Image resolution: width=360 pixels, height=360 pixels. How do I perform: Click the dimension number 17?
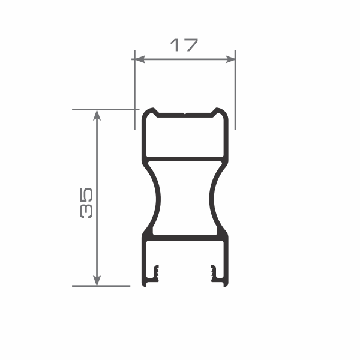point(184,45)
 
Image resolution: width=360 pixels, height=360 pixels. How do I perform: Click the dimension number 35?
point(86,203)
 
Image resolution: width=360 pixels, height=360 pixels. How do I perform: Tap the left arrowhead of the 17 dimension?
point(139,59)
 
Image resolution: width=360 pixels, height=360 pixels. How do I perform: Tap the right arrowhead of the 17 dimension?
point(230,59)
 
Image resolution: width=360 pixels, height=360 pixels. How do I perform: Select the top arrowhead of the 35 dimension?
point(97,115)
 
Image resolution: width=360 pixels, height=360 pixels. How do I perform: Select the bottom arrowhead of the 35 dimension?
point(97,280)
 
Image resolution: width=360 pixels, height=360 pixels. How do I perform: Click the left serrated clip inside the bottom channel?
point(156,273)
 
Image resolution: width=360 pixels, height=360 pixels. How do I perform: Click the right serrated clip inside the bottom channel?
point(214,273)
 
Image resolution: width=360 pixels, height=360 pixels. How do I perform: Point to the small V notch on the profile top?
point(185,113)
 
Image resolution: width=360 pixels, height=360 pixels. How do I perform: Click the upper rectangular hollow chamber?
point(185,137)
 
